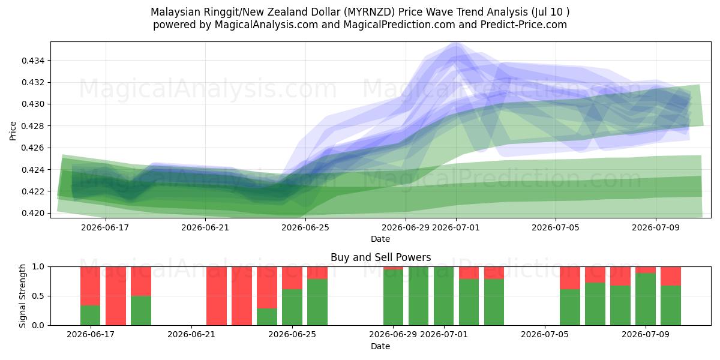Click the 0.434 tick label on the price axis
point(33,61)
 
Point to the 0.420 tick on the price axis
point(33,213)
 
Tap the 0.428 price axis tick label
point(33,126)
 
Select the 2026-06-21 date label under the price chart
point(205,227)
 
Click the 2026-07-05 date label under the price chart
point(556,227)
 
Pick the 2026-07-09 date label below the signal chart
point(646,334)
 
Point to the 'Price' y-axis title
point(13,131)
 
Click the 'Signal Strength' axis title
point(22,296)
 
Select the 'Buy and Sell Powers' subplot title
point(380,257)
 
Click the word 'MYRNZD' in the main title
point(369,12)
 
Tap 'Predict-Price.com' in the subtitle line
point(524,25)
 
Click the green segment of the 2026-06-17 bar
point(91,316)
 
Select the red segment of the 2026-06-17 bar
point(91,286)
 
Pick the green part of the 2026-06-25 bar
point(292,307)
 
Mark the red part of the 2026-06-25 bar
point(292,278)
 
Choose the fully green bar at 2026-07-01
point(443,296)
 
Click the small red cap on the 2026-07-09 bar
point(646,270)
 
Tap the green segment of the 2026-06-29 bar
point(393,298)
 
